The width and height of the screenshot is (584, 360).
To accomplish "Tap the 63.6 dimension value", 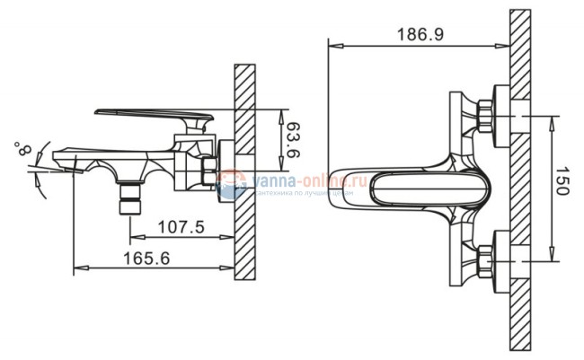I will pyautogui.click(x=293, y=141).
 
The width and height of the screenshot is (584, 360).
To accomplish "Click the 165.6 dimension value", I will pyautogui.click(x=143, y=258).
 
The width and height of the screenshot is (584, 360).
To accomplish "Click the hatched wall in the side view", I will pyautogui.click(x=245, y=171).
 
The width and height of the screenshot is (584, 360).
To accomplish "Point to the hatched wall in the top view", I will pyautogui.click(x=521, y=180).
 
